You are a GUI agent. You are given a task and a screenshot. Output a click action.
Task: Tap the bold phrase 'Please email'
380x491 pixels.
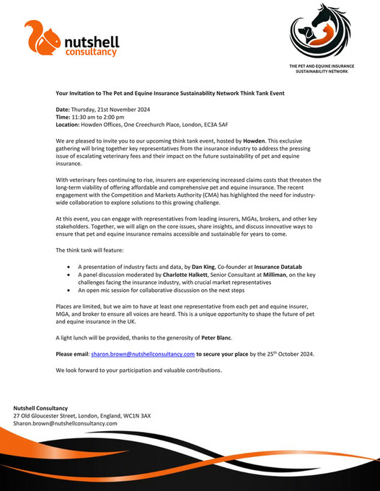tap(73, 354)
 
